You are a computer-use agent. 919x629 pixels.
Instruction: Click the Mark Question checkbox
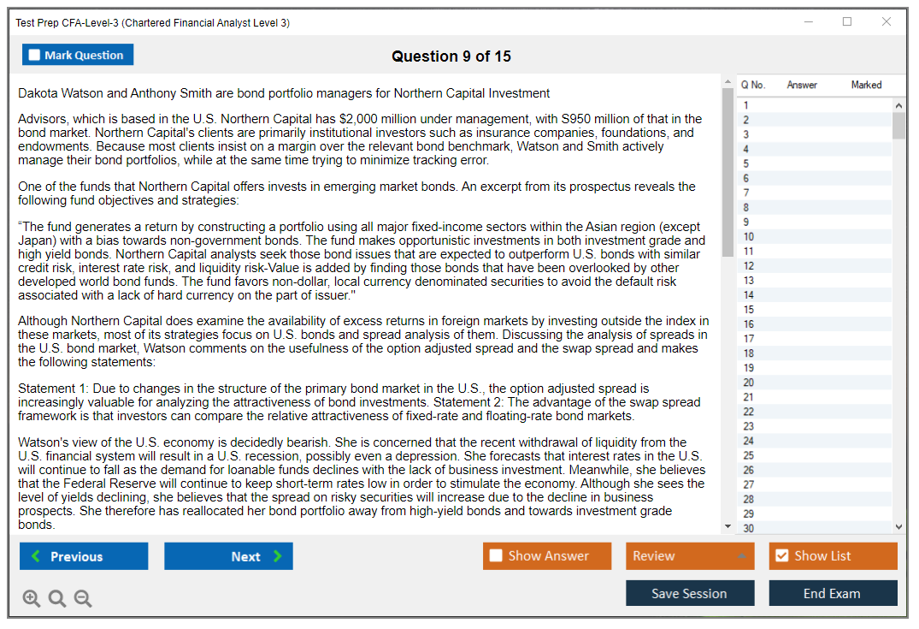pyautogui.click(x=35, y=56)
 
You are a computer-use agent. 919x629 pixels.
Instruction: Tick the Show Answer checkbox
pyautogui.click(x=496, y=556)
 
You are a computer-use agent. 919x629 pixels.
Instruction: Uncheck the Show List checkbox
pyautogui.click(x=781, y=556)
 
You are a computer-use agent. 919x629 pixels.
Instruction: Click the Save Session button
pyautogui.click(x=689, y=593)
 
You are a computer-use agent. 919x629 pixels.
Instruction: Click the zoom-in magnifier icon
pyautogui.click(x=32, y=599)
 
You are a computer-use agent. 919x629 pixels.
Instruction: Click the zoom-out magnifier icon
pyautogui.click(x=83, y=599)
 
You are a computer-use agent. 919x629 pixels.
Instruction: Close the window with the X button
pyautogui.click(x=887, y=22)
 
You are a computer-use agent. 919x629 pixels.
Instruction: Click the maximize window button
pyautogui.click(x=847, y=22)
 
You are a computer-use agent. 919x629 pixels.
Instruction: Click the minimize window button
pyautogui.click(x=808, y=22)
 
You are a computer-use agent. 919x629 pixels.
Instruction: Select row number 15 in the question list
pyautogui.click(x=749, y=310)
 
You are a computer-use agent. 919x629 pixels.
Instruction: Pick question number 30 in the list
pyautogui.click(x=749, y=528)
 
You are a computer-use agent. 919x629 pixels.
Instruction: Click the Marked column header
pyautogui.click(x=866, y=85)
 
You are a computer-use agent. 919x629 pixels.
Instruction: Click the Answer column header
pyautogui.click(x=802, y=85)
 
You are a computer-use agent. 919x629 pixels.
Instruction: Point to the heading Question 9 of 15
pyautogui.click(x=451, y=56)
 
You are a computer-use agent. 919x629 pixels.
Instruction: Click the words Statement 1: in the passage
pyautogui.click(x=50, y=389)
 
